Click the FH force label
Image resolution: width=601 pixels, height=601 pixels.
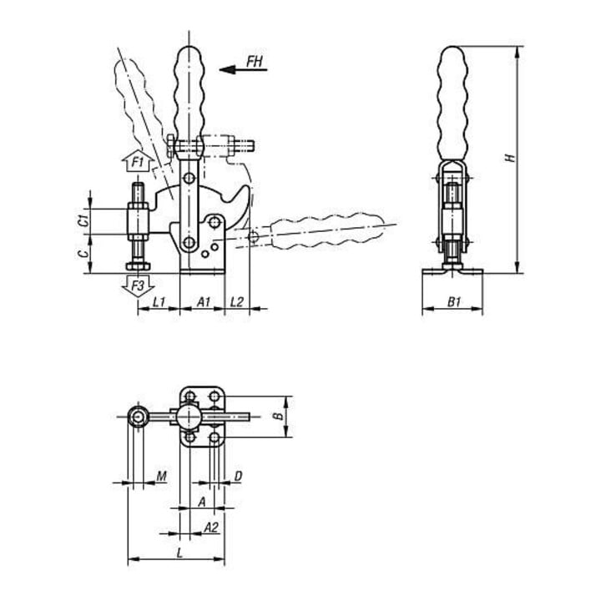255,61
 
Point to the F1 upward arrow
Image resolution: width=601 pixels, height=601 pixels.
138,161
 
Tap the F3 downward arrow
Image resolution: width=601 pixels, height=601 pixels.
138,285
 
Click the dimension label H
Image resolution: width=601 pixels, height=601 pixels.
511,158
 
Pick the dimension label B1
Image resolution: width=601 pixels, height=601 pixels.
454,302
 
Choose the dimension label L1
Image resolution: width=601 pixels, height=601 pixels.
159,302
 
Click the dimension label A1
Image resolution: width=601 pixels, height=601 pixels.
204,302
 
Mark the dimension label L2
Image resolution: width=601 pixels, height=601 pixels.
237,302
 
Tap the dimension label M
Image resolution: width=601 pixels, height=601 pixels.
162,477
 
